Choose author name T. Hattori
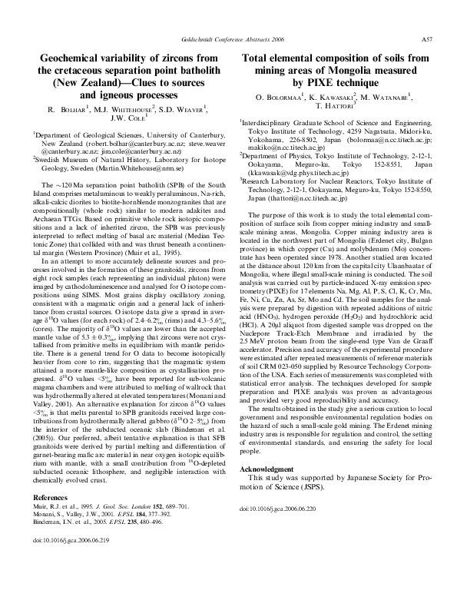click(x=338, y=106)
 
